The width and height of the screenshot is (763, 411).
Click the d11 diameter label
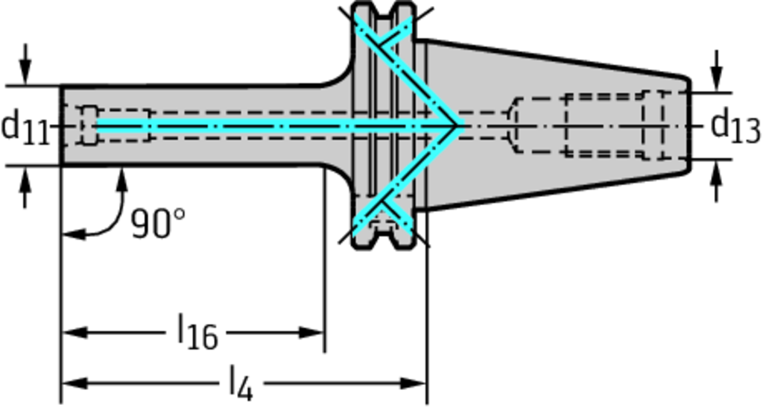pos(26,128)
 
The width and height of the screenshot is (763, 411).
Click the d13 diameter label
pos(735,127)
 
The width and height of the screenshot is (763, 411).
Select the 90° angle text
pos(159,224)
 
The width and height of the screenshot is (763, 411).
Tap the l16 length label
pos(197,332)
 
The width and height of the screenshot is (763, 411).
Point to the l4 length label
pos(241,383)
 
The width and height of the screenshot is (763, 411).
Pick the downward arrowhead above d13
pos(716,78)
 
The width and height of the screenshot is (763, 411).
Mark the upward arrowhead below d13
pos(716,173)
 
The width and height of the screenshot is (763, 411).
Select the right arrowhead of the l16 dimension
pos(311,333)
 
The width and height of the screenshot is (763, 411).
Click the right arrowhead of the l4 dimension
pos(414,383)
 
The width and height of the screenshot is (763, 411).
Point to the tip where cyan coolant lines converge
pos(458,126)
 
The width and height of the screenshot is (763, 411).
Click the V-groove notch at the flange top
pos(384,10)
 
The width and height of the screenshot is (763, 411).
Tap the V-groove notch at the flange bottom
pos(384,241)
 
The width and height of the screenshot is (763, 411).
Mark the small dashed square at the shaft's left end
pos(89,125)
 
